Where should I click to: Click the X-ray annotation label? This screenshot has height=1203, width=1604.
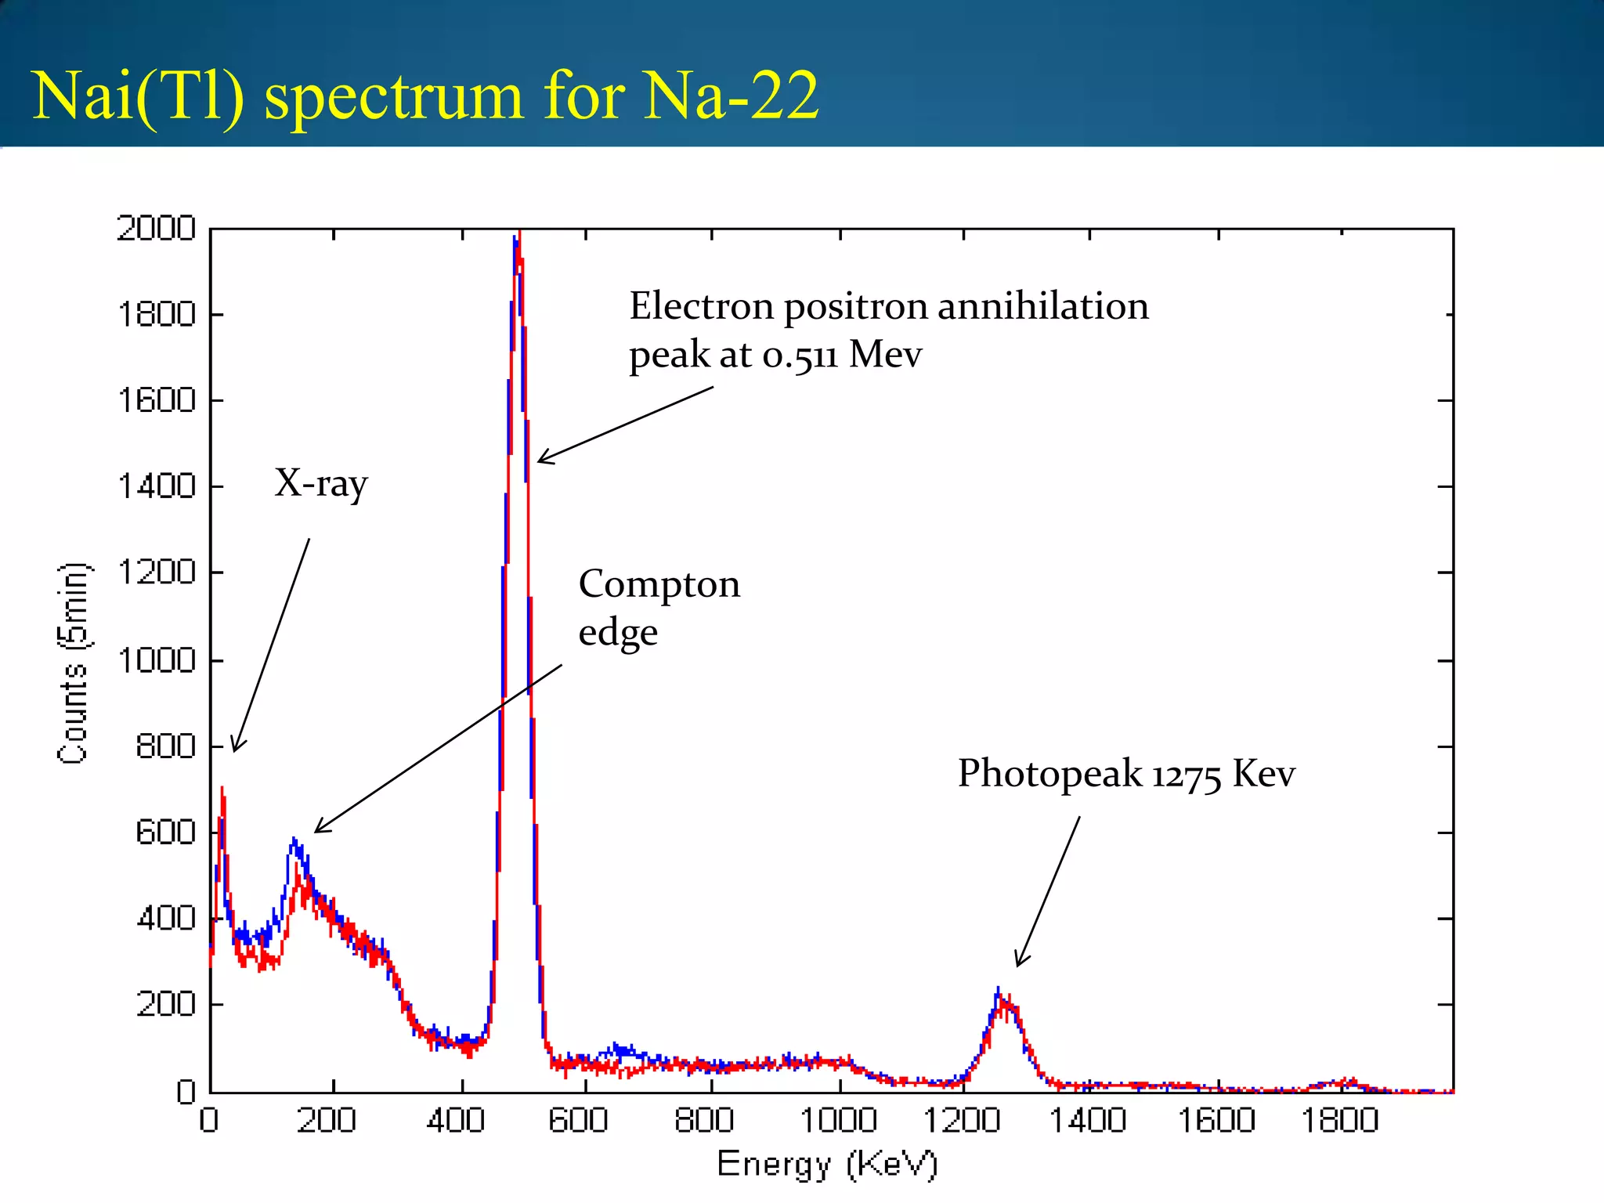320,483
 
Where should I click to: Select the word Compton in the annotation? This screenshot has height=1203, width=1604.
659,585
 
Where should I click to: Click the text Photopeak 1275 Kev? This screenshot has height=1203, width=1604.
1125,774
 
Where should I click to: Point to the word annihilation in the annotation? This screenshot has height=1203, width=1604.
1042,306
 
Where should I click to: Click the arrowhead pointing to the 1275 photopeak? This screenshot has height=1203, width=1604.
1018,963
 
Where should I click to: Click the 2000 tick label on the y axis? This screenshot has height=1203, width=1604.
156,229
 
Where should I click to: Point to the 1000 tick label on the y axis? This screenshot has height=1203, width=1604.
156,660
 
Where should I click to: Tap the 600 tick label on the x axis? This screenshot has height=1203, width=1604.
578,1120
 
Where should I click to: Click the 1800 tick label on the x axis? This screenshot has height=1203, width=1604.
1339,1120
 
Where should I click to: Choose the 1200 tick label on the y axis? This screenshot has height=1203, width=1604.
156,573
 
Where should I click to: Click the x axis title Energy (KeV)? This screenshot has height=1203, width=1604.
827,1165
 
